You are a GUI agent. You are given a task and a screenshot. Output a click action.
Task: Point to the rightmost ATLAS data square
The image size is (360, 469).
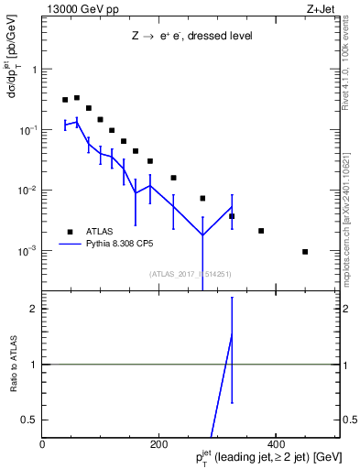tap(305, 252)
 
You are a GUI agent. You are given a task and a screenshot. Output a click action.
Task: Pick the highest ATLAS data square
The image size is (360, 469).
tap(77, 97)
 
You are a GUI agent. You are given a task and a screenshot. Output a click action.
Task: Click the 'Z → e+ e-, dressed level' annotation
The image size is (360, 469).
tap(191, 37)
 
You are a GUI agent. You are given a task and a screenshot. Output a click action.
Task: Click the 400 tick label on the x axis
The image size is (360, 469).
tap(276, 444)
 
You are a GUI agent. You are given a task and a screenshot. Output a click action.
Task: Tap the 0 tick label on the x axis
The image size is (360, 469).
tap(43, 444)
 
